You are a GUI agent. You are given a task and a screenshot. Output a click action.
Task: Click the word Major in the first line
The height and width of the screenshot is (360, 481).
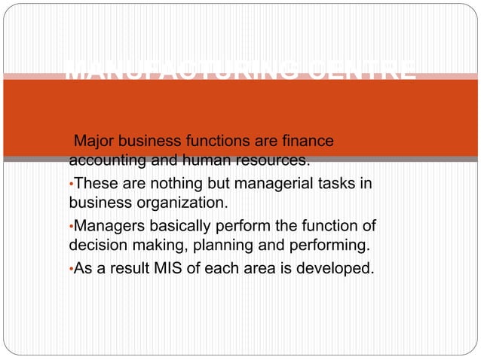click(x=92, y=142)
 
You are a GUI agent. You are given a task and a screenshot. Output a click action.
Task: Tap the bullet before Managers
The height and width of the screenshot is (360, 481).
click(x=71, y=226)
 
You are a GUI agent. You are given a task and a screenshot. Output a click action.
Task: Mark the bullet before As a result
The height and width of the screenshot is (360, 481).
click(x=71, y=267)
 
